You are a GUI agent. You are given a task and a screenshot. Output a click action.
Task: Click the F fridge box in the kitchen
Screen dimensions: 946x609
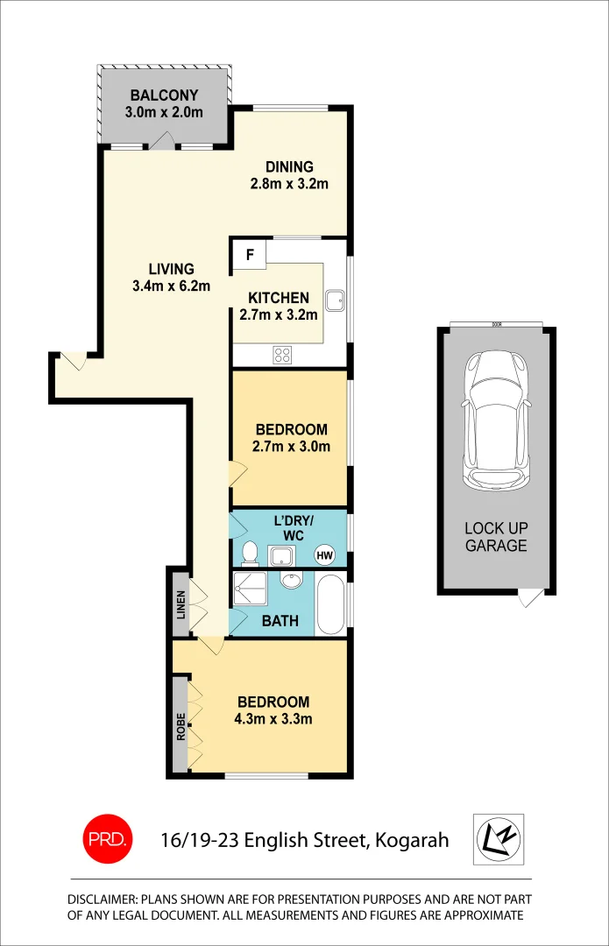[x=249, y=256]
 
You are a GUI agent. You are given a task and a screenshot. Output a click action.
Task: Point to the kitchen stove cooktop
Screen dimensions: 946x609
[x=283, y=355]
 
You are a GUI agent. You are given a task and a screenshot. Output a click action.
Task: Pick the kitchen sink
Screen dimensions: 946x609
[x=335, y=301]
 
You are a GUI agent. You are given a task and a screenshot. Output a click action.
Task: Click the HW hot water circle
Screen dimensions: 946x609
[x=325, y=554]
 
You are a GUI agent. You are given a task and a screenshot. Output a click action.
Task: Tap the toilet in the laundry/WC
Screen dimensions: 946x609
[x=250, y=553]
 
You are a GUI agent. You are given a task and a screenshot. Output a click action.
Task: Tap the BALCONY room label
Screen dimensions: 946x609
[x=164, y=95]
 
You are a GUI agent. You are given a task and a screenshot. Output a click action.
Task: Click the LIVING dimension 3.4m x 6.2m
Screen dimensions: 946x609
[x=171, y=286]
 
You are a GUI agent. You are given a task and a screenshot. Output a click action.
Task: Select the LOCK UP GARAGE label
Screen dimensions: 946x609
[x=496, y=537]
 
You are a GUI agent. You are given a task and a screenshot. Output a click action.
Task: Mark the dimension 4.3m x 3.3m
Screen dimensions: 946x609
[x=273, y=719]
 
